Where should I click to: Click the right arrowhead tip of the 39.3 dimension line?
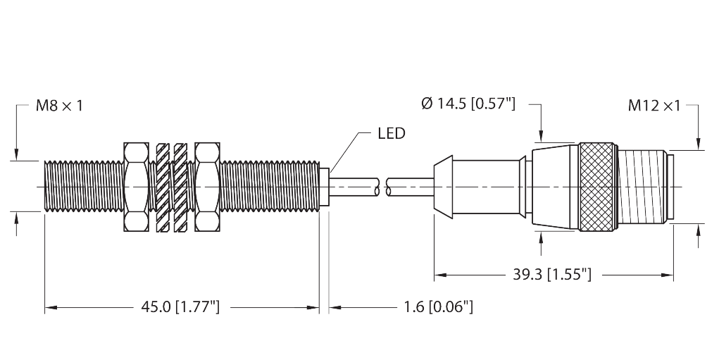point(673,275)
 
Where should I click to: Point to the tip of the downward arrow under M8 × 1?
point(16,161)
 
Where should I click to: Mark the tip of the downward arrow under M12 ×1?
point(699,149)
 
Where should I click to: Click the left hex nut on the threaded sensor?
point(136,187)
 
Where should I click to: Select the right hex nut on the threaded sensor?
point(208,187)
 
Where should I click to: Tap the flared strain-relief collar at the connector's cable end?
point(443,187)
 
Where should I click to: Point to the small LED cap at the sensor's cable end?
point(324,187)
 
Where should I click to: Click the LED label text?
point(392,133)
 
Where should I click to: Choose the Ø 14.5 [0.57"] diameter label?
point(468,104)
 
